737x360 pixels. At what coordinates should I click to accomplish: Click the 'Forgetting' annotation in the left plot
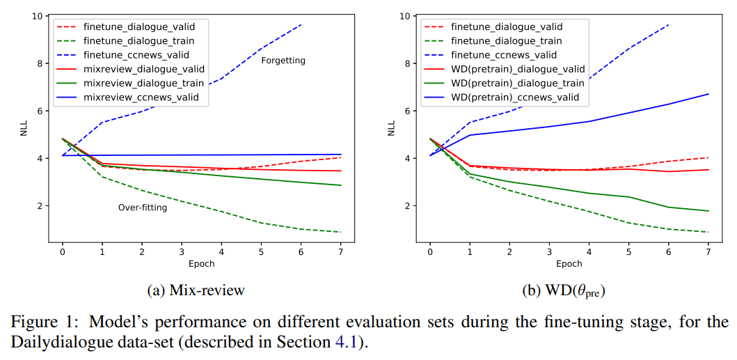pos(283,61)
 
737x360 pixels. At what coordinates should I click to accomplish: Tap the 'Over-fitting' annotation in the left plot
pos(143,208)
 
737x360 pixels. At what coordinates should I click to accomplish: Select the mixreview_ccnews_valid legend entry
pos(145,97)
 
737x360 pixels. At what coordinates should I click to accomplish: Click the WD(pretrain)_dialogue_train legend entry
pos(518,84)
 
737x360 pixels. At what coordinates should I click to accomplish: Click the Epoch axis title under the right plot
pos(569,264)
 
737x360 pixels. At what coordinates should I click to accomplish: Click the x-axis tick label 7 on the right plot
pos(708,251)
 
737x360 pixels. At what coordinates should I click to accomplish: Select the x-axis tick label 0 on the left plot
pos(62,251)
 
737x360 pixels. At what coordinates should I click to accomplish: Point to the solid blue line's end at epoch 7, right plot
pos(708,94)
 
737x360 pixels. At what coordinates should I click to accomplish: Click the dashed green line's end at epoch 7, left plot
pos(340,232)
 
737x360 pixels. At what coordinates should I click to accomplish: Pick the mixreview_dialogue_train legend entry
pos(143,84)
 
